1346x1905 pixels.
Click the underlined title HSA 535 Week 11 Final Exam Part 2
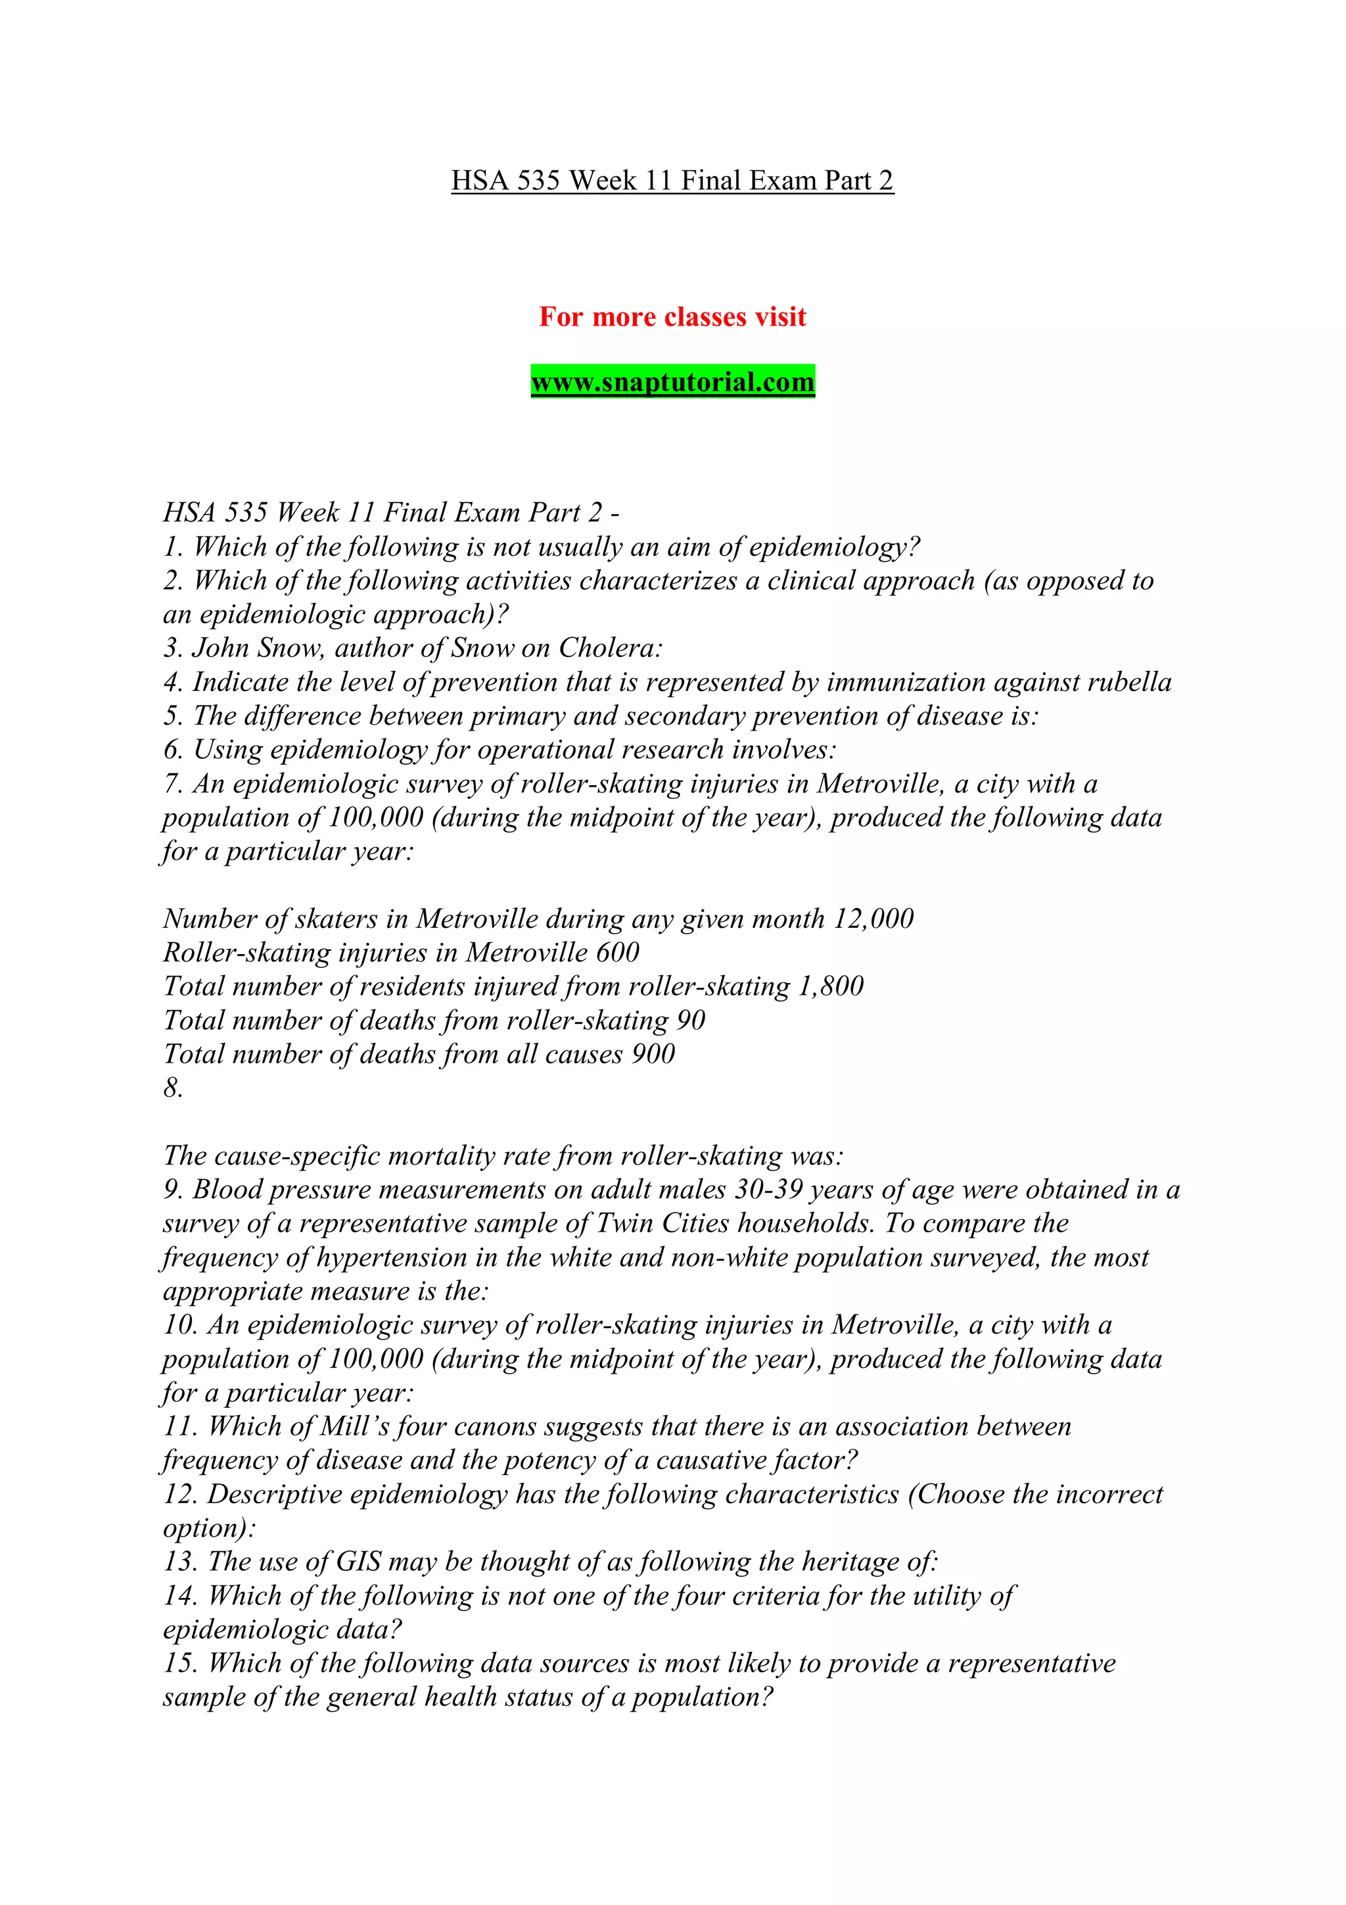click(672, 181)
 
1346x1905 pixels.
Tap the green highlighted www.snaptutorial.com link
click(672, 383)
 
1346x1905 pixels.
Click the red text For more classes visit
click(672, 317)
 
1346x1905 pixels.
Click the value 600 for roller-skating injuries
click(618, 952)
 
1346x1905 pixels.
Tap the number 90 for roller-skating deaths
click(691, 1021)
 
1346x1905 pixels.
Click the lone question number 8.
click(172, 1088)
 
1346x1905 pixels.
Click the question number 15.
click(180, 1664)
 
